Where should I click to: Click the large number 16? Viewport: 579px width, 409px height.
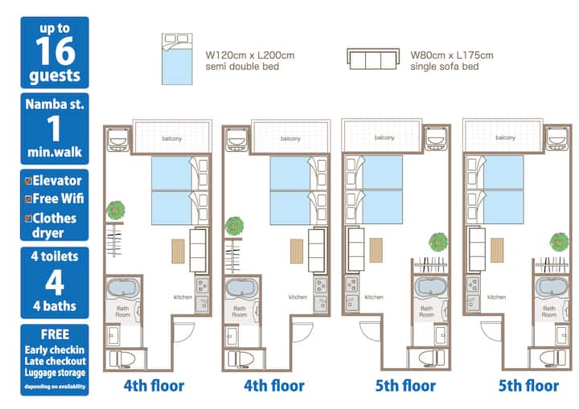55,51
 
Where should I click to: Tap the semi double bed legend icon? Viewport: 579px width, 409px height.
177,59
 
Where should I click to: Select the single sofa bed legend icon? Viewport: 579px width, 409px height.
373,59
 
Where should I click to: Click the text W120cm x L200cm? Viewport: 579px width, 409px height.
250,55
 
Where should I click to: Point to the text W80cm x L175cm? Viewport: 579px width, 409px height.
452,55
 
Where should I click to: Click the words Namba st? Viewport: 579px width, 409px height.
55,104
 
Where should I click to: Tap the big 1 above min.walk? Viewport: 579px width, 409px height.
55,128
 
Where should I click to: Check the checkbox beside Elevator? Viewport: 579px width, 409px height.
28,181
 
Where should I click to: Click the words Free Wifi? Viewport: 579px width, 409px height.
59,198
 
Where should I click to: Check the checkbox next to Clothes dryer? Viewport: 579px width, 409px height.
28,218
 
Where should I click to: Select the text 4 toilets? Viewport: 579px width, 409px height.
55,256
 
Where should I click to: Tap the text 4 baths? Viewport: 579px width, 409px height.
55,306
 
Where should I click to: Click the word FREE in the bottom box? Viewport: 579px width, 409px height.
55,334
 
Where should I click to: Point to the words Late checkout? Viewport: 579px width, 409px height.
55,361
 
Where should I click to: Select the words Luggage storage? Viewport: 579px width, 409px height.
55,373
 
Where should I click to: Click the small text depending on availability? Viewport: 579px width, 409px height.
55,387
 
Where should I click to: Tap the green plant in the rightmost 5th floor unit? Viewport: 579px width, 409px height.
560,242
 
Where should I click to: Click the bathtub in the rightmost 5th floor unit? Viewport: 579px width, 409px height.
552,288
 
